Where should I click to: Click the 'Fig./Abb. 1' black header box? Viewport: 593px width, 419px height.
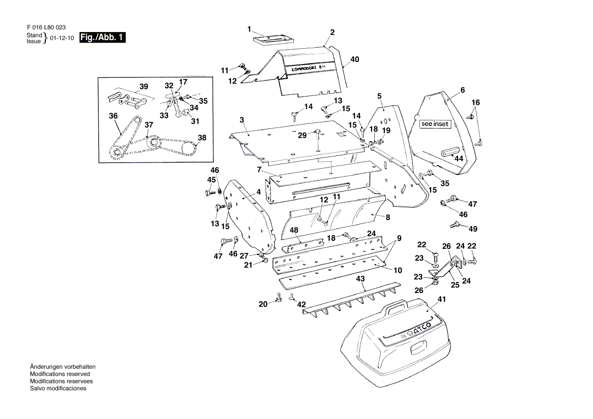(102, 38)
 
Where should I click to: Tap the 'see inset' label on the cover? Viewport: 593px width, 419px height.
(435, 124)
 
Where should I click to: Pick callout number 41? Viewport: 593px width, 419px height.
(441, 300)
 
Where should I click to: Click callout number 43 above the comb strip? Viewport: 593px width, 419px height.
(360, 279)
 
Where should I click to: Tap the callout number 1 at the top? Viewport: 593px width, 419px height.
(250, 28)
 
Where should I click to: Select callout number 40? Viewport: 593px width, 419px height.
(354, 59)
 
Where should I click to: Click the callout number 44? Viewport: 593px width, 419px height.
(458, 158)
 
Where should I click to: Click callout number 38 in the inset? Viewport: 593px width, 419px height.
(202, 138)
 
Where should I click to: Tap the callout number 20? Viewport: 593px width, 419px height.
(262, 304)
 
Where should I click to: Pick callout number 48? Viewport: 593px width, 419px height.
(294, 230)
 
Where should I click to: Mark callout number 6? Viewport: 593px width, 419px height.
(463, 90)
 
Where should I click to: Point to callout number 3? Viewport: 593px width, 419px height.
(242, 120)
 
